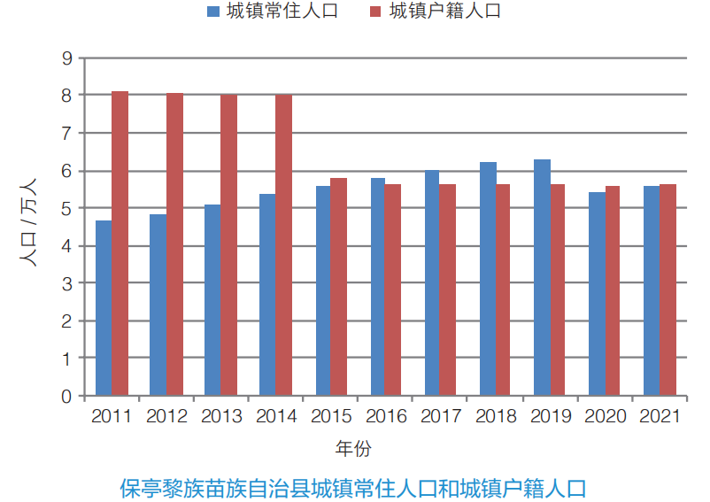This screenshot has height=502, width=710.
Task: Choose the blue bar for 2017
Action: (432, 282)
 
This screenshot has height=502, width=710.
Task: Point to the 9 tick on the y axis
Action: (66, 58)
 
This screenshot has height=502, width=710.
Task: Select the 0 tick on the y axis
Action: (66, 396)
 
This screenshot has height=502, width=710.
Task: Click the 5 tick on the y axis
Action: (66, 208)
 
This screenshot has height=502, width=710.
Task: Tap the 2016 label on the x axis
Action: (386, 416)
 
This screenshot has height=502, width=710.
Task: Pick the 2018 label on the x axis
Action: (496, 416)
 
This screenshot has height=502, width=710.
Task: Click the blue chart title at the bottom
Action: (353, 486)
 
